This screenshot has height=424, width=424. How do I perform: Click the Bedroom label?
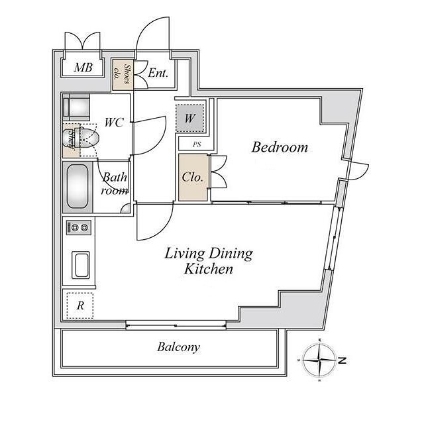[x=280, y=147]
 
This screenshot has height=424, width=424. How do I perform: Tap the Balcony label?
[x=178, y=347]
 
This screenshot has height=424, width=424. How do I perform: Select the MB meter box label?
[x=83, y=68]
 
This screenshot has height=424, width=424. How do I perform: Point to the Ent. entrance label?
[x=158, y=73]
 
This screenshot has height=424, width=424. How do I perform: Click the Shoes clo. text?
[x=122, y=74]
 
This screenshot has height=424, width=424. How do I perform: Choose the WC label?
[x=114, y=123]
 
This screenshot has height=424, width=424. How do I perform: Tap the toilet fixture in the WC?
[x=81, y=138]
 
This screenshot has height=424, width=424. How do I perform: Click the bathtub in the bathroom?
[x=78, y=186]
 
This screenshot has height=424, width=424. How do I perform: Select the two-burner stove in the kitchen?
[x=79, y=227]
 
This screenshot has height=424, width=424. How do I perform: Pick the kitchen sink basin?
[x=81, y=265]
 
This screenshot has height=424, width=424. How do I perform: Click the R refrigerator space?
[x=80, y=305]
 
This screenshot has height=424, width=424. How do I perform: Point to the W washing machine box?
[x=189, y=118]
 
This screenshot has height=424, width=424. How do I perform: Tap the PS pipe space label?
[x=197, y=144]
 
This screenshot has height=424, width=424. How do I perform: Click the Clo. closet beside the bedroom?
[x=193, y=178]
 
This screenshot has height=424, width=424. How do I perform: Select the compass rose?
[x=319, y=360]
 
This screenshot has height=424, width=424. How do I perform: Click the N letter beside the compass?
[x=342, y=360]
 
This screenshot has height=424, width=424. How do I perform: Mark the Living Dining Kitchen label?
[x=209, y=261]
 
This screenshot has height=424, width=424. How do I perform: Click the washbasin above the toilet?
[x=77, y=107]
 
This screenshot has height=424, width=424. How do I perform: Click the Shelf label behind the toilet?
[x=72, y=140]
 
